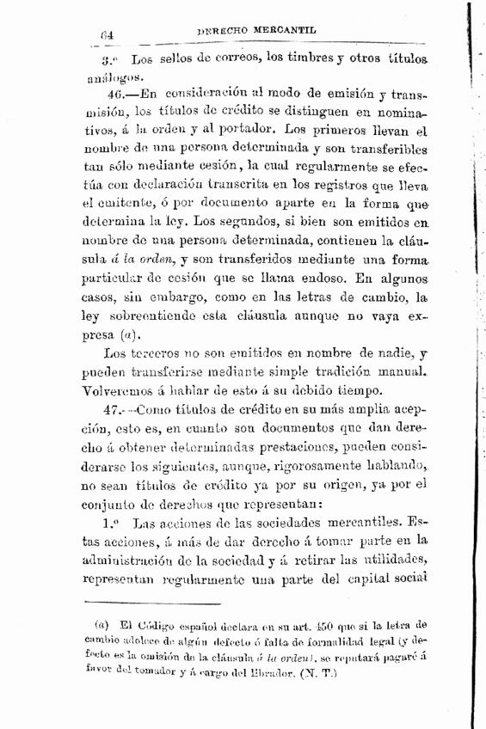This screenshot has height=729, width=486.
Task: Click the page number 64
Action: click(108, 36)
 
